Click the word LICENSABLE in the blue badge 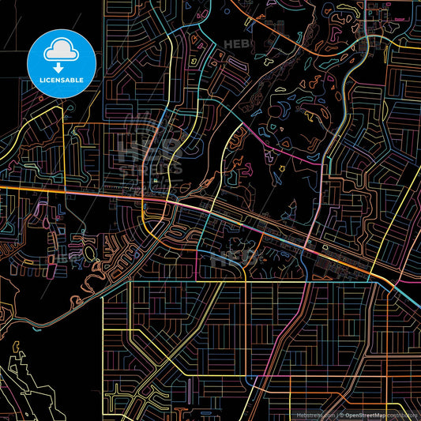61,81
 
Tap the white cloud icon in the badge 61,51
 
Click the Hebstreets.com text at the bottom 314,414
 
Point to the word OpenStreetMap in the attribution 364,414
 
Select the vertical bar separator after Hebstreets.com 334,414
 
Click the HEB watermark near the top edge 237,44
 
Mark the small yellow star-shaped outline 281,169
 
